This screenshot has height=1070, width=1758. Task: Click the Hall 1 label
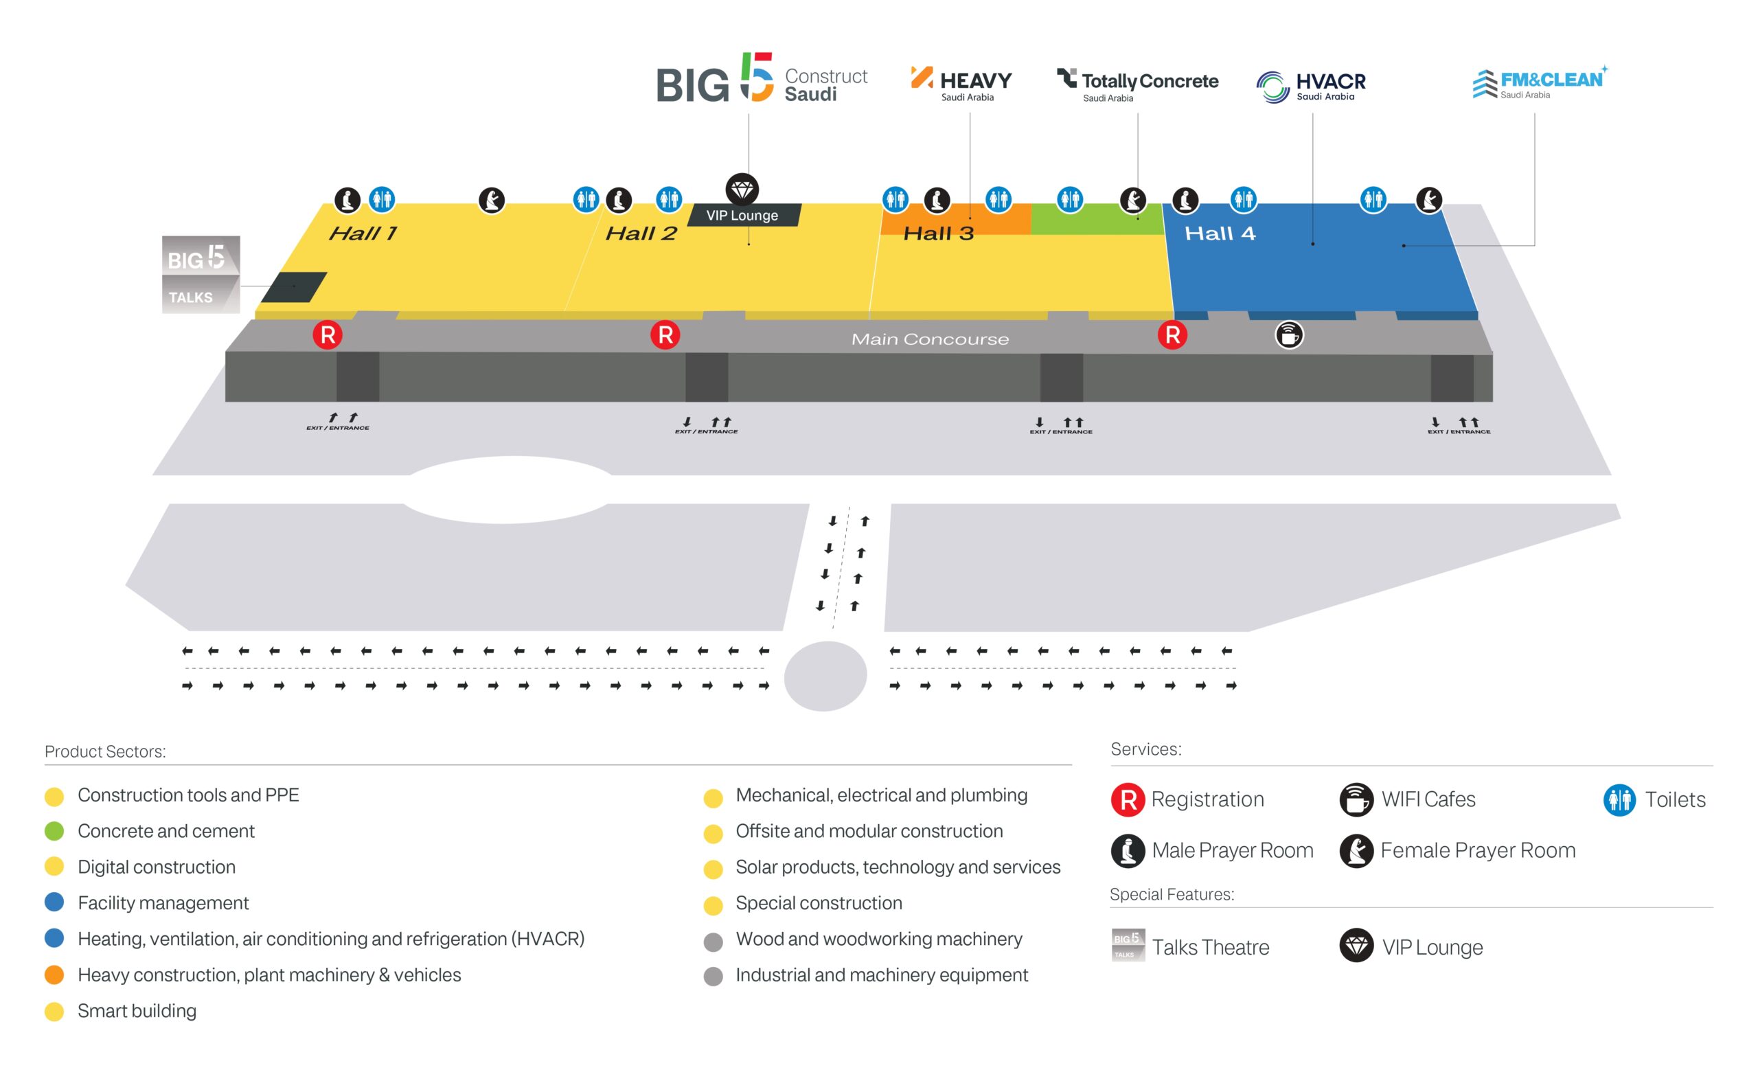[x=363, y=234]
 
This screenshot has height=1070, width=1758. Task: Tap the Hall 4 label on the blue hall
[x=1220, y=234]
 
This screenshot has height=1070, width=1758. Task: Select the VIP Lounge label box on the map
[x=744, y=215]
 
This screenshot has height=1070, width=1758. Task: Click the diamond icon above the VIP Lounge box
[x=742, y=190]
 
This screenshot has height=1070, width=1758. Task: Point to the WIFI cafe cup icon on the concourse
[x=1289, y=334]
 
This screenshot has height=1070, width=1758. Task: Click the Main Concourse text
[x=931, y=339]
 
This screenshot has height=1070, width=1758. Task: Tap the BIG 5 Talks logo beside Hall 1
[x=201, y=275]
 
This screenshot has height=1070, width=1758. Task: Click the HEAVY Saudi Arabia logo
[x=961, y=84]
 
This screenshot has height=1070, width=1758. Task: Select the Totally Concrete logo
[x=1137, y=85]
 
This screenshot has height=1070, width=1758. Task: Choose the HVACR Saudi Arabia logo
[x=1311, y=87]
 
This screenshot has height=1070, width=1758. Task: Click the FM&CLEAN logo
[x=1540, y=82]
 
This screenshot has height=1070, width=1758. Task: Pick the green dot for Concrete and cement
[x=54, y=831]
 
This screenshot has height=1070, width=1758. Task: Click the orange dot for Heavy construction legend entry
[x=54, y=975]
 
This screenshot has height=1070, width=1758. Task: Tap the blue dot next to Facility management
[x=54, y=902]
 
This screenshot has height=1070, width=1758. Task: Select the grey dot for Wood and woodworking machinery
[x=713, y=942]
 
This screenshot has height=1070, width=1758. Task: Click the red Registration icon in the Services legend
[x=1128, y=799]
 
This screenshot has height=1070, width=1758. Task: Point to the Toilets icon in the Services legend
[x=1619, y=799]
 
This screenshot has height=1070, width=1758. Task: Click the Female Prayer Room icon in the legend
[x=1356, y=850]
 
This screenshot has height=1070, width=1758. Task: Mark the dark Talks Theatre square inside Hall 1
[x=294, y=287]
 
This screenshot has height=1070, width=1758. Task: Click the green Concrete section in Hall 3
[x=1097, y=220]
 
